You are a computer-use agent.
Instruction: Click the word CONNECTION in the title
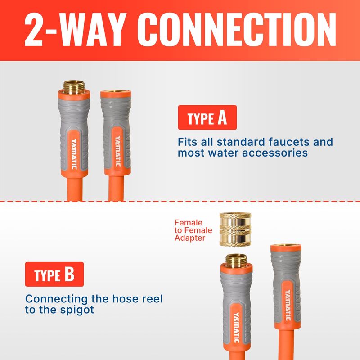coord(237,29)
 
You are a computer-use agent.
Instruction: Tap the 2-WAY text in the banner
coord(75,29)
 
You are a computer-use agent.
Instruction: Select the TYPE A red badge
coord(207,117)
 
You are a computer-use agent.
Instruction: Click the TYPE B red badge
coord(54,274)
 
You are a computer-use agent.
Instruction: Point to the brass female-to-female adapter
coord(235,229)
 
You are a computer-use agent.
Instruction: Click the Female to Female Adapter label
coord(193,230)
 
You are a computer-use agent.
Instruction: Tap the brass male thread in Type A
coord(74,87)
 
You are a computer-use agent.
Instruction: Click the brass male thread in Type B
coord(236,261)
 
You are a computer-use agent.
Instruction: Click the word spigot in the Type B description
coord(77,310)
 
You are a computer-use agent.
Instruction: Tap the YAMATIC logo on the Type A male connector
coord(74,154)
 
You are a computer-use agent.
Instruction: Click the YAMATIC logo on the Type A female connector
coord(117,151)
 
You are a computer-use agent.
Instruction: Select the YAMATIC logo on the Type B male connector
coord(237,328)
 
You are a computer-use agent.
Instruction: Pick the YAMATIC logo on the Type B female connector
coord(288,305)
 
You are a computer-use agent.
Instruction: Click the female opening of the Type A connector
coord(116,92)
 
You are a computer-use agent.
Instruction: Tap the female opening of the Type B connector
coord(286,246)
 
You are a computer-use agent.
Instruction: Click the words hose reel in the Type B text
coord(137,299)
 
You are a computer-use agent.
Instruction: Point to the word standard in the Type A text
coord(241,142)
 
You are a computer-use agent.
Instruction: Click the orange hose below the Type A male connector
coord(75,189)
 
